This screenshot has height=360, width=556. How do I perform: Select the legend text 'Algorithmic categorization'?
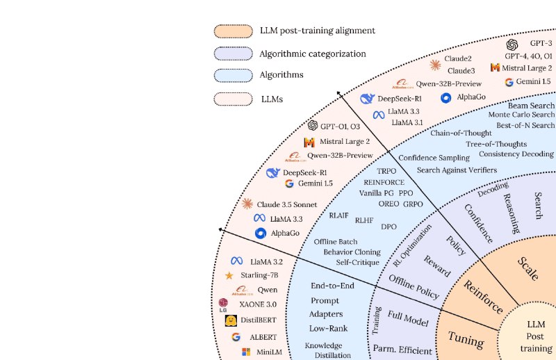click(x=312, y=54)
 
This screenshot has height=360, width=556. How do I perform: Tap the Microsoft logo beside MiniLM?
click(x=245, y=352)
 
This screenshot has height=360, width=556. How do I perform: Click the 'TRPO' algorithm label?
click(x=386, y=170)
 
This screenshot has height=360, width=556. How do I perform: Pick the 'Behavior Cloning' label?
click(x=352, y=252)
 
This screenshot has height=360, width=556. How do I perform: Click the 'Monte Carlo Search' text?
click(x=521, y=114)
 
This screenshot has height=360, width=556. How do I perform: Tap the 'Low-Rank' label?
click(x=329, y=328)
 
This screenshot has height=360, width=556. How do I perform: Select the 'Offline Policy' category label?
click(x=414, y=286)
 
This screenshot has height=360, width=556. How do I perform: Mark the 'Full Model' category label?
click(x=408, y=320)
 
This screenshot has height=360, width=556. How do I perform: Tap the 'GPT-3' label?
click(x=541, y=43)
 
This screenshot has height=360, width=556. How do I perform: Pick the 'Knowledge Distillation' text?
click(x=324, y=350)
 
